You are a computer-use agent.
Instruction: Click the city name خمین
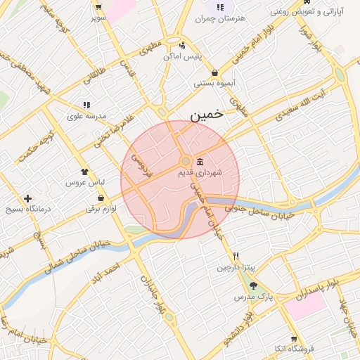click(209, 115)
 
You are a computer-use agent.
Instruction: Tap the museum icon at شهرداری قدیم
click(200, 161)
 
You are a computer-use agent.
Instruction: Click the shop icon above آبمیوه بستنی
click(214, 72)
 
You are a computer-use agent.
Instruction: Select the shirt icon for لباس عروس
click(85, 171)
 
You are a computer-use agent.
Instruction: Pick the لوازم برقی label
click(100, 209)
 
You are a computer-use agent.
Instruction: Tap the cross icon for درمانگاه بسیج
click(27, 199)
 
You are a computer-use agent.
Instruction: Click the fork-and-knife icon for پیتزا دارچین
click(237, 256)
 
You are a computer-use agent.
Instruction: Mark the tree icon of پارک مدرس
click(253, 285)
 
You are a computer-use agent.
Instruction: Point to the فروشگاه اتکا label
click(294, 349)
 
